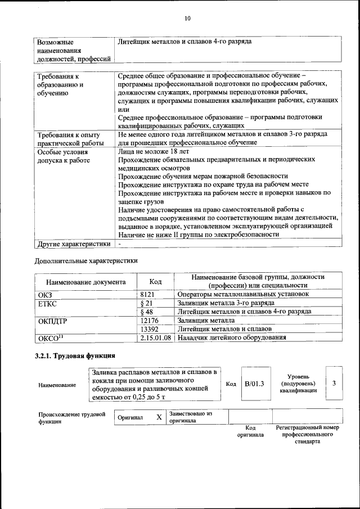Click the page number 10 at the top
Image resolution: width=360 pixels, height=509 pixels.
point(187,19)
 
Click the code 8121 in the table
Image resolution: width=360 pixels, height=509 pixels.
point(147,293)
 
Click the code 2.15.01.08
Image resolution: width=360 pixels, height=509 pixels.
point(156,337)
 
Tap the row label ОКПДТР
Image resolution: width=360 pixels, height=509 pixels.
point(52,321)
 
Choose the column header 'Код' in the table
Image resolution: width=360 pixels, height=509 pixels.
point(155,281)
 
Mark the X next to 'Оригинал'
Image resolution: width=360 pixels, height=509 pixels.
point(159,417)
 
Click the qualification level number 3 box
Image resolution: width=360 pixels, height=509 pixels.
point(334,383)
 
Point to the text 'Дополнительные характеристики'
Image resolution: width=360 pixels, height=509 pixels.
point(86,260)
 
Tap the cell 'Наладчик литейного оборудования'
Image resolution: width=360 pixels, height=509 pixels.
point(232,337)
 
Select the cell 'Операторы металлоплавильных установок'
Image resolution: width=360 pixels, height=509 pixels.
point(243,294)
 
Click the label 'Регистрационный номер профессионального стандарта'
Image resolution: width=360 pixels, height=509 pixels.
point(307,435)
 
